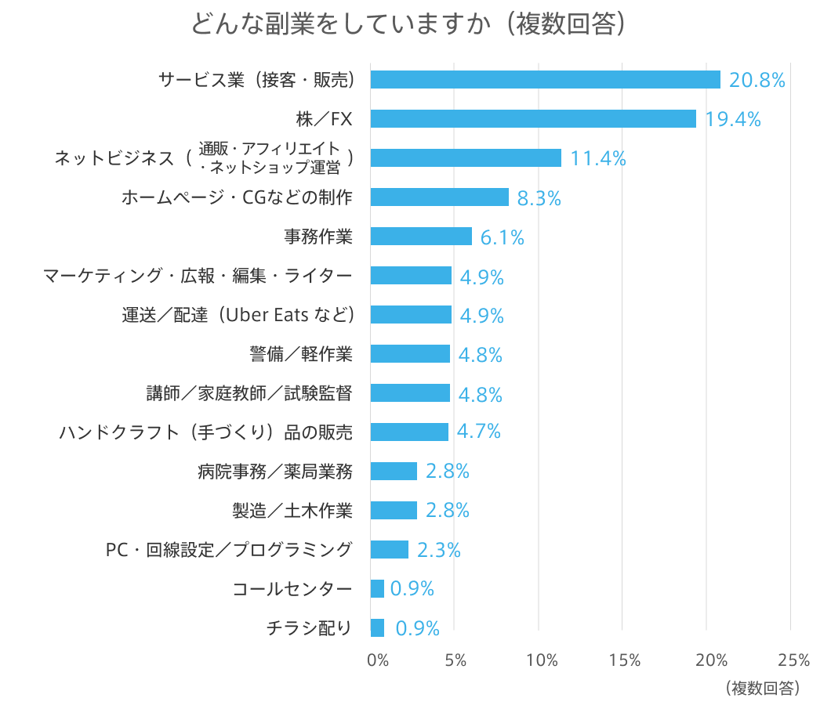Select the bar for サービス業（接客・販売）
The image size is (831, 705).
pyautogui.click(x=545, y=80)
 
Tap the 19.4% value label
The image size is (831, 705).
pyautogui.click(x=733, y=119)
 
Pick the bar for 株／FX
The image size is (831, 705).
pyautogui.click(x=533, y=118)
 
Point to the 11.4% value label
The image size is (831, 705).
pyautogui.click(x=598, y=158)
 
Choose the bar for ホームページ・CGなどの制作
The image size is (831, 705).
pyautogui.click(x=439, y=197)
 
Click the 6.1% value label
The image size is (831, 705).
pyautogui.click(x=502, y=237)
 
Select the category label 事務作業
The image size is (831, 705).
pyautogui.click(x=318, y=237)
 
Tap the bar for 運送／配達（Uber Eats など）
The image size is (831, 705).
pyautogui.click(x=411, y=315)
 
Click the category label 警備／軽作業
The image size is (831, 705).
pyautogui.click(x=300, y=354)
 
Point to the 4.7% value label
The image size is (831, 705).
pyautogui.click(x=479, y=432)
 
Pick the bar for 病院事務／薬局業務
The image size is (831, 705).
pyautogui.click(x=394, y=471)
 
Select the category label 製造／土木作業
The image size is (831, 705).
pyautogui.click(x=292, y=511)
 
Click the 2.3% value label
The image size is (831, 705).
pyautogui.click(x=438, y=550)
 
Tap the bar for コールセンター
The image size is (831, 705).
pyautogui.click(x=377, y=588)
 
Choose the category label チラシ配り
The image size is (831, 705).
pyautogui.click(x=309, y=627)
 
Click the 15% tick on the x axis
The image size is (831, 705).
pyautogui.click(x=624, y=660)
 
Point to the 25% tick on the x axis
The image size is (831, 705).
pyautogui.click(x=793, y=660)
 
